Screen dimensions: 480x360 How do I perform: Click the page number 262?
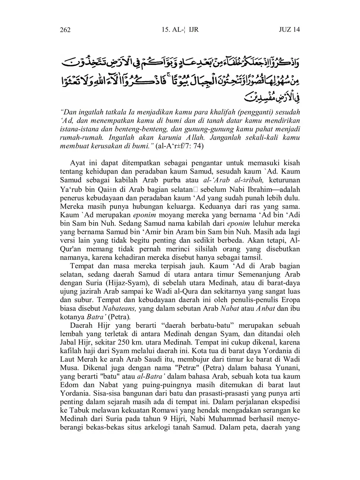pyautogui.click(x=65, y=30)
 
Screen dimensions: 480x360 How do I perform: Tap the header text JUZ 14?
pyautogui.click(x=289, y=29)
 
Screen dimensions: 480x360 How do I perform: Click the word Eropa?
pyautogui.click(x=290, y=300)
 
